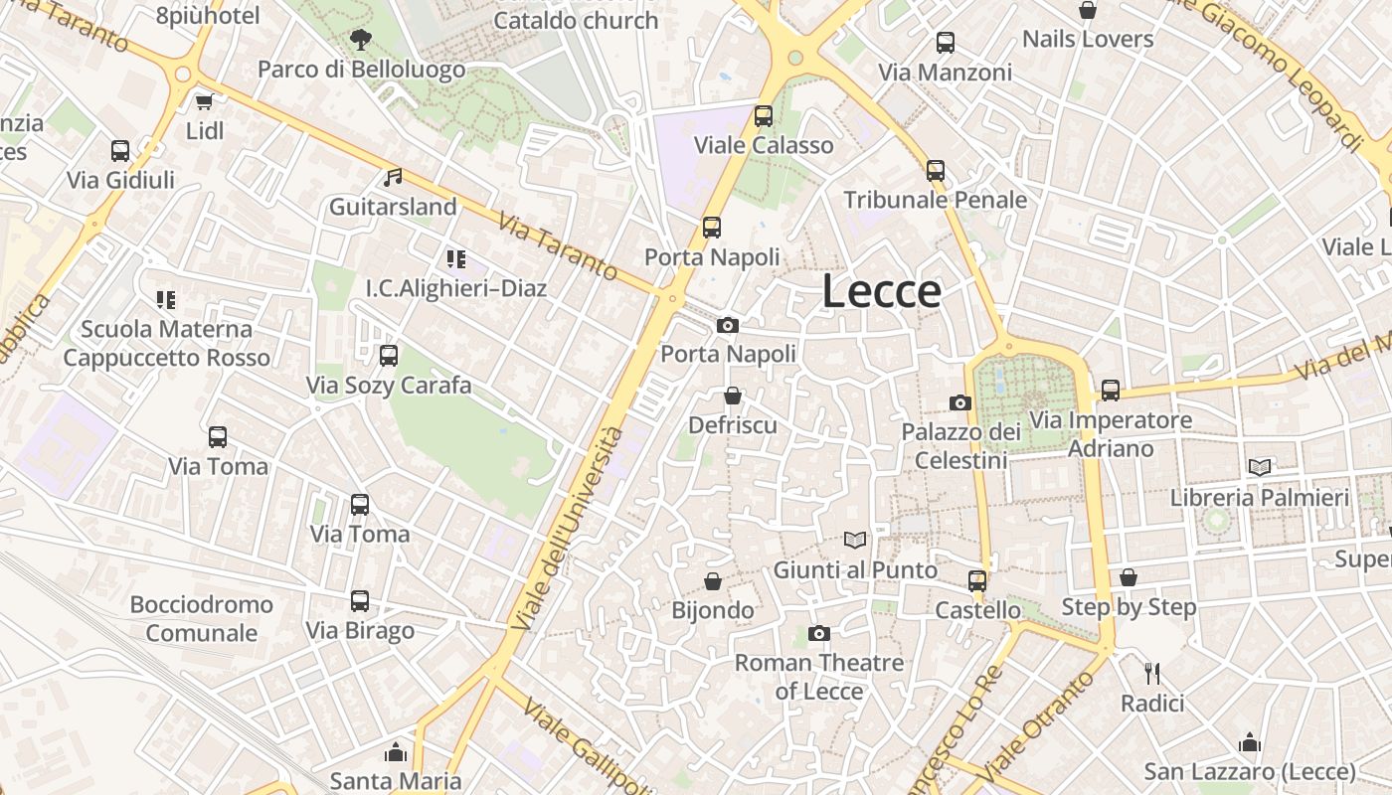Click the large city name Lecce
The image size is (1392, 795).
pyautogui.click(x=882, y=291)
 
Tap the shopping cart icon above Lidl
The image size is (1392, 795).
pyautogui.click(x=205, y=101)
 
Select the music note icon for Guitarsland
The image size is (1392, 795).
pyautogui.click(x=393, y=178)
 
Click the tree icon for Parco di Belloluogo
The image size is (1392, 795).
pyautogui.click(x=360, y=40)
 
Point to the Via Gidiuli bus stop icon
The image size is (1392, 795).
pyautogui.click(x=120, y=151)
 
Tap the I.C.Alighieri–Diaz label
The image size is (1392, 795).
pyautogui.click(x=456, y=288)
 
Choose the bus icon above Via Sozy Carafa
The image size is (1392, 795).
pyautogui.click(x=389, y=355)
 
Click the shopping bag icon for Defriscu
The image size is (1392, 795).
pyautogui.click(x=733, y=396)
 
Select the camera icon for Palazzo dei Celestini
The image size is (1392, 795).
pyautogui.click(x=959, y=402)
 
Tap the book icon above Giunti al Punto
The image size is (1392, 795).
pyautogui.click(x=855, y=540)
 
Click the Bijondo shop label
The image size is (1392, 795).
pyautogui.click(x=713, y=610)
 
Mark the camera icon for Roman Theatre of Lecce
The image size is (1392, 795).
pyautogui.click(x=819, y=633)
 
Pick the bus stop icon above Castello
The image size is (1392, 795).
pyautogui.click(x=977, y=580)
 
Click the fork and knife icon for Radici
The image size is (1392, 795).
pyautogui.click(x=1152, y=673)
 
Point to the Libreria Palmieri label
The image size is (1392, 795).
pyautogui.click(x=1260, y=497)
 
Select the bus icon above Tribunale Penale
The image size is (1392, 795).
pyautogui.click(x=936, y=170)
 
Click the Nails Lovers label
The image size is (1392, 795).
pyautogui.click(x=1088, y=40)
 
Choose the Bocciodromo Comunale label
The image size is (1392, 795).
pyautogui.click(x=202, y=618)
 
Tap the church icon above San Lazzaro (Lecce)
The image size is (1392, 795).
pyautogui.click(x=1250, y=742)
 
